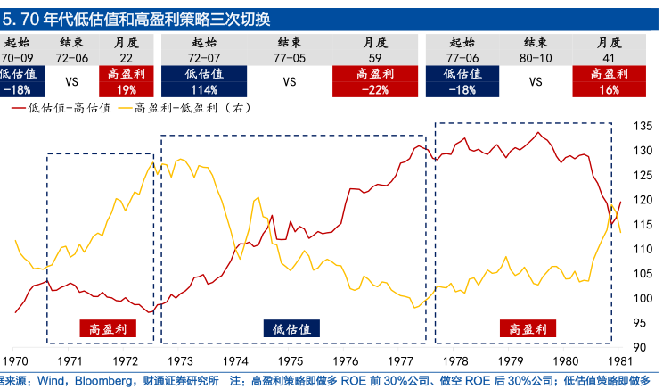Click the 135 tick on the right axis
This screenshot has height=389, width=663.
tap(641, 126)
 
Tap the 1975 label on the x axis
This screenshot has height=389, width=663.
tap(289, 361)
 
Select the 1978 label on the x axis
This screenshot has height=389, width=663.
tap(456, 361)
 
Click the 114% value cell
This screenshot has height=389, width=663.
tap(203, 89)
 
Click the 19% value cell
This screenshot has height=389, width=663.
tap(126, 89)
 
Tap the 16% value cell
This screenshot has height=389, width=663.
tap(609, 89)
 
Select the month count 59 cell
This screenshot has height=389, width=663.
tap(374, 57)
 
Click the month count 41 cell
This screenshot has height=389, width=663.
tap(609, 57)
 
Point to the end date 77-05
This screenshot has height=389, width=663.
tap(290, 57)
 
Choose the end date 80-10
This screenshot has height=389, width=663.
tap(536, 57)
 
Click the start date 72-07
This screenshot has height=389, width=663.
tap(203, 57)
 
